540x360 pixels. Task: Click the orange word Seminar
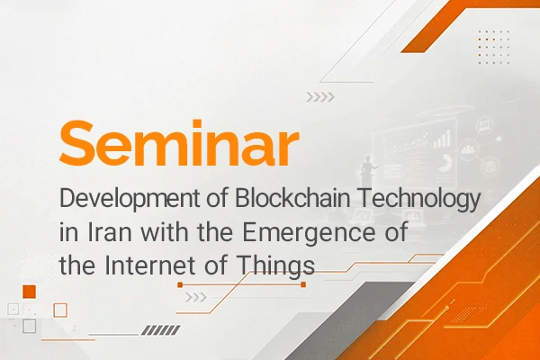[179, 143]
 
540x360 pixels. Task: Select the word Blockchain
[292, 198]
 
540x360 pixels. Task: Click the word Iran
[110, 232]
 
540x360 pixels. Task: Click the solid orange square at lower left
[30, 292]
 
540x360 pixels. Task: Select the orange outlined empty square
[60, 310]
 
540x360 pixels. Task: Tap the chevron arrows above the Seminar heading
[320, 97]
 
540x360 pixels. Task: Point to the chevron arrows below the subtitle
[196, 297]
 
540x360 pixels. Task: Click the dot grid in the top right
[493, 47]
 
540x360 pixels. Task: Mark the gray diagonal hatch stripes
[161, 330]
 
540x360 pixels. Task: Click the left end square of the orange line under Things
[180, 284]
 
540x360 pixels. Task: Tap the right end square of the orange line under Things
[303, 284]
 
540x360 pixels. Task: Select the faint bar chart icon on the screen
[442, 139]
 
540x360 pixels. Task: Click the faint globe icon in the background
[490, 167]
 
